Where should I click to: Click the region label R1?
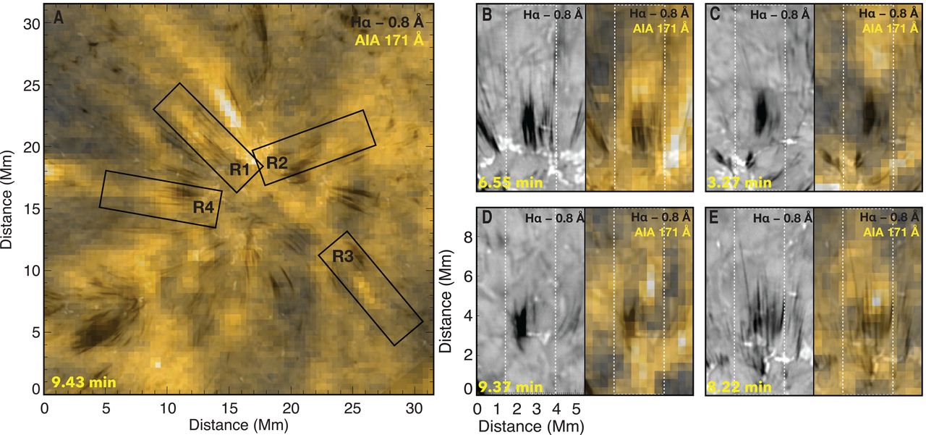click(x=240, y=170)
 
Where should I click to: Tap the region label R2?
click(x=276, y=162)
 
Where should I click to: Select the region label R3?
click(x=343, y=255)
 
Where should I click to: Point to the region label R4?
click(x=203, y=207)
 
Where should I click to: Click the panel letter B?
click(x=487, y=14)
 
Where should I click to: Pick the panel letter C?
click(x=716, y=14)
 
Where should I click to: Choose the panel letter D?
click(x=487, y=217)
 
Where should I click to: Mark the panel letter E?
click(x=716, y=217)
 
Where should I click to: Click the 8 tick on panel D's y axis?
click(x=467, y=236)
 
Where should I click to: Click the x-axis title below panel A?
click(x=238, y=426)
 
